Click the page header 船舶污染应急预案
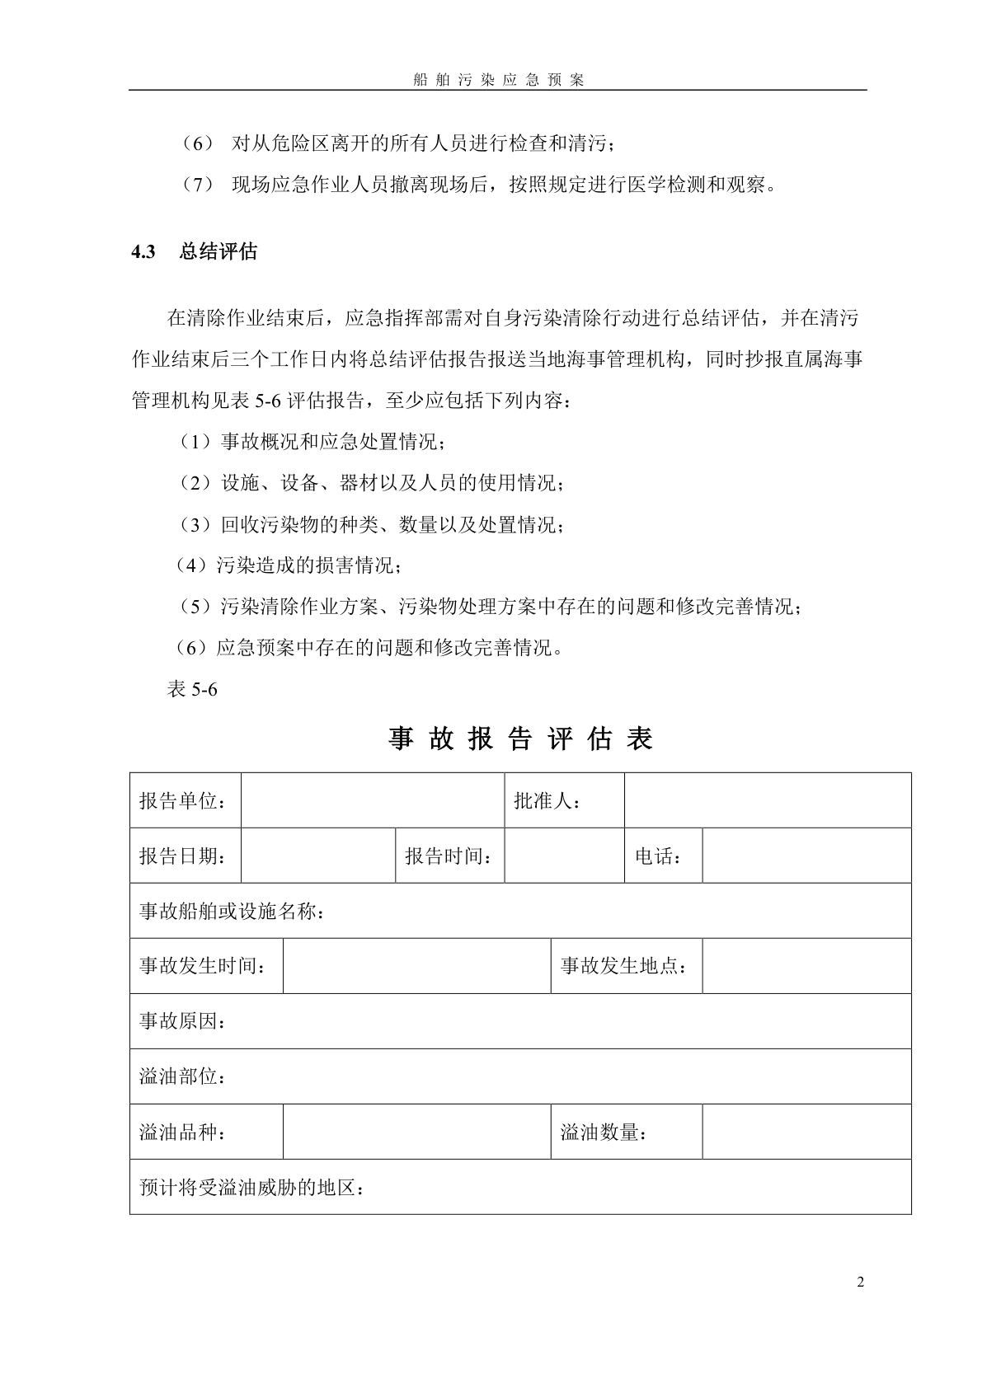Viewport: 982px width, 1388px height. click(498, 80)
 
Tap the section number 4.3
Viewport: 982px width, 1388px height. click(143, 252)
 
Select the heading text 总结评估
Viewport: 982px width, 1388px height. click(218, 252)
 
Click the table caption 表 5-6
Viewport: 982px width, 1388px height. click(192, 689)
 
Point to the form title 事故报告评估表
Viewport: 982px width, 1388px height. click(520, 739)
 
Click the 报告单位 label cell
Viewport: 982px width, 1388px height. click(183, 800)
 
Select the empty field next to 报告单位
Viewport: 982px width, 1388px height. click(372, 800)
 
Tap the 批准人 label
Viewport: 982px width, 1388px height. click(547, 800)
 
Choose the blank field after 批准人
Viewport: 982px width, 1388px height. click(767, 800)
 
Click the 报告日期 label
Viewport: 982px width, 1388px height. click(183, 856)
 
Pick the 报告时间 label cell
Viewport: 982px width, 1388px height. click(449, 856)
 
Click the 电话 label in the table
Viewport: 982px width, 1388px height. click(659, 856)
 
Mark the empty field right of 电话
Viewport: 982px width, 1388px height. click(806, 856)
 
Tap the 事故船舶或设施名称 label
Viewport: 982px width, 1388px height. click(232, 911)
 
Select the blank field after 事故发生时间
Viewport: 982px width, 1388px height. click(416, 965)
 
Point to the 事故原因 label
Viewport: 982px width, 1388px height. click(183, 1020)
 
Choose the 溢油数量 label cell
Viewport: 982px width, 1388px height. click(604, 1132)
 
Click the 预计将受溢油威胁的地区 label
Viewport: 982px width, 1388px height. click(252, 1188)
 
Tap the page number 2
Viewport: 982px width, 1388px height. click(861, 1282)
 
